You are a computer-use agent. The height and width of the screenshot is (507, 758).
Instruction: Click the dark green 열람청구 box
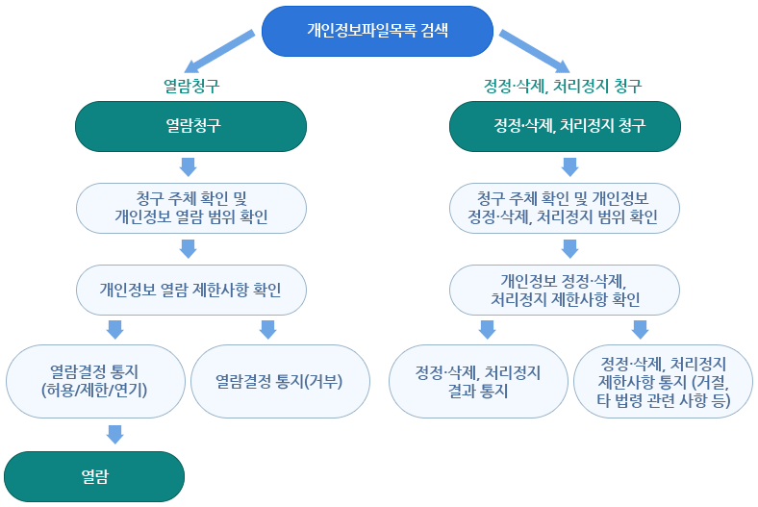pos(190,126)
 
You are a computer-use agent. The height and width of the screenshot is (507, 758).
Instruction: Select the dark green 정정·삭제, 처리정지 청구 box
pos(566,126)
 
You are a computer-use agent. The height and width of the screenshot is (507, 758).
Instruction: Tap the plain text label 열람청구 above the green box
pos(190,86)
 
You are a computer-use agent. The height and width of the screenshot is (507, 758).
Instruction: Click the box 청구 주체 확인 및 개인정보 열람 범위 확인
pos(190,208)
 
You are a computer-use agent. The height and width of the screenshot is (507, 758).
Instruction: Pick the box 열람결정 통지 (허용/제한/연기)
pos(94,380)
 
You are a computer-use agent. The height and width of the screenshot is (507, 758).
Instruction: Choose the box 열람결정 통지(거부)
pos(280,380)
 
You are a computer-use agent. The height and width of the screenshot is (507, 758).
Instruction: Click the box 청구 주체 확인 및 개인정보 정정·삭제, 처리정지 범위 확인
pos(566,208)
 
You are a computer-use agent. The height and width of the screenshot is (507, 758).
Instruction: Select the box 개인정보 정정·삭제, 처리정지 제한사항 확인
pos(566,291)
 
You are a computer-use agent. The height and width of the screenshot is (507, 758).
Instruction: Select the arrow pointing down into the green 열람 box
pos(114,434)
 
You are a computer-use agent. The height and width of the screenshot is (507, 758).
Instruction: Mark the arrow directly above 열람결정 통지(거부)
pos(267,330)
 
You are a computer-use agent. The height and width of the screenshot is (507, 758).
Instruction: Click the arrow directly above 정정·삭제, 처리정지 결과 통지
pos(487,330)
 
